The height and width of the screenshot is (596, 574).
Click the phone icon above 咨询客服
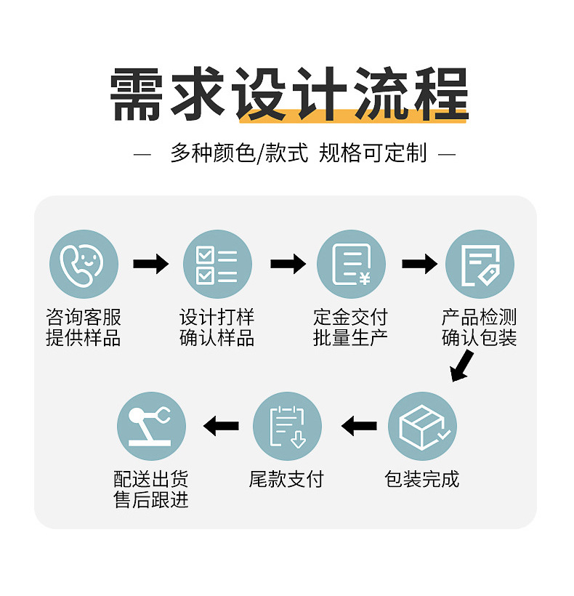click(x=84, y=264)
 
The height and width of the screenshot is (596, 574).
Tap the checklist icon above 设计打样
click(x=217, y=264)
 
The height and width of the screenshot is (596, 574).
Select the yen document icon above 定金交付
click(x=351, y=264)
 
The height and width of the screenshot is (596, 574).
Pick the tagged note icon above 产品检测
click(x=480, y=264)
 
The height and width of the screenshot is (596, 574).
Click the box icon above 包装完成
click(x=422, y=426)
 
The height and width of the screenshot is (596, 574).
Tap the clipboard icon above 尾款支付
click(x=287, y=426)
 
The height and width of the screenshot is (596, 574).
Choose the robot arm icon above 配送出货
click(x=151, y=426)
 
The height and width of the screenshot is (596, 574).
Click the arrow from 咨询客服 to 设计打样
click(x=150, y=264)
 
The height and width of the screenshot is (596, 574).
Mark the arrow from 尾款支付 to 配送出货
click(x=221, y=426)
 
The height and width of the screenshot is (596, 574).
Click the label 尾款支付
click(x=286, y=480)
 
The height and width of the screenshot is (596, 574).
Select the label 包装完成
click(x=422, y=480)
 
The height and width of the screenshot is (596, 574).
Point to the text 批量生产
click(x=351, y=338)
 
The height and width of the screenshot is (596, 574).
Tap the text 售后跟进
click(x=151, y=500)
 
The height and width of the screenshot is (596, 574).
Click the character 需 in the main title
click(x=138, y=95)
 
